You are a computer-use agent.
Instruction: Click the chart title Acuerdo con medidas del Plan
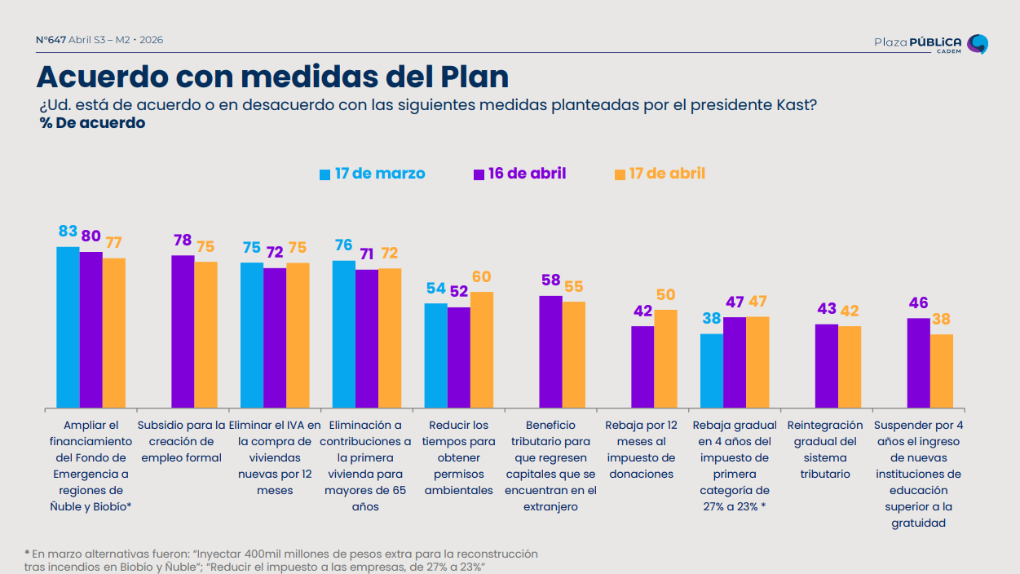272,77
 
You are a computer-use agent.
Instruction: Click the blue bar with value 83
68,326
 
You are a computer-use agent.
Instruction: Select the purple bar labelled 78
183,331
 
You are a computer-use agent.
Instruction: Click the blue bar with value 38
712,370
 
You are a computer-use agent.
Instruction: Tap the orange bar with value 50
665,358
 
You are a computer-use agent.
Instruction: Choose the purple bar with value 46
919,362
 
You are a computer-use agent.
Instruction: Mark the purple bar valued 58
551,351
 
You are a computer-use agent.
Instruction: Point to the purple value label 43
827,309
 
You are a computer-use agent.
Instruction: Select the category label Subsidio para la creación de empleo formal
182,441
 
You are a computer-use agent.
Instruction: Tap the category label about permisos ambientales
458,457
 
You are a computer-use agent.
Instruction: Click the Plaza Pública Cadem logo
930,43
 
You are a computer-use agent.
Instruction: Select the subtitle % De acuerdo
92,123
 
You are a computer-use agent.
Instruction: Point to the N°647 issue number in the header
51,39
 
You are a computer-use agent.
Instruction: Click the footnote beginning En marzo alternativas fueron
281,560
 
